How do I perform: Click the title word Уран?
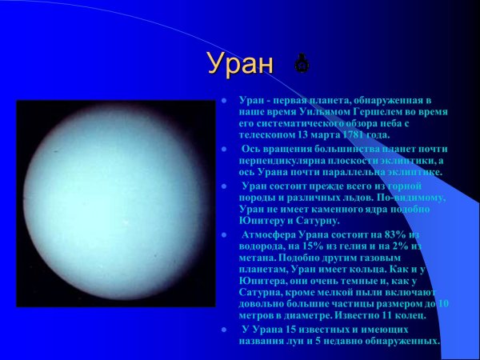tap(240, 63)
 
